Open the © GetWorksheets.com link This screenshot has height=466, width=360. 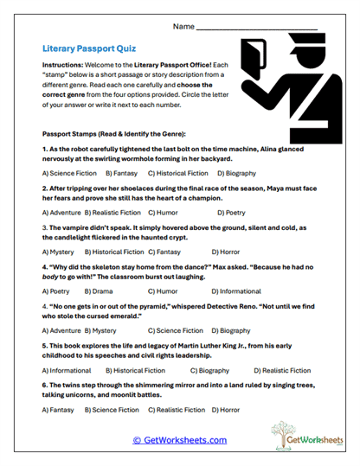point(180,440)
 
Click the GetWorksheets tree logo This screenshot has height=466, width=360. point(297,437)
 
